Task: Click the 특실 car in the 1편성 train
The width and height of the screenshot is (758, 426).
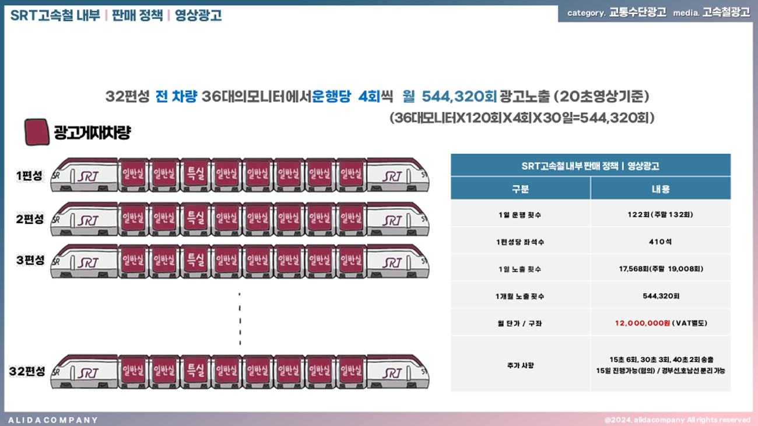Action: tap(195, 175)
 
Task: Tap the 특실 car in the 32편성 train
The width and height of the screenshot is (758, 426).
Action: tap(195, 372)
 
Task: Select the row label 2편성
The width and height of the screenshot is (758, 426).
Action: tap(30, 219)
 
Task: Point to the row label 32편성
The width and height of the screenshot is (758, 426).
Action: tap(27, 371)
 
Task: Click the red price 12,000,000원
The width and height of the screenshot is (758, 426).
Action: tap(643, 323)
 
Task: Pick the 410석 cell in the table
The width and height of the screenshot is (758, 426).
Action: tap(660, 242)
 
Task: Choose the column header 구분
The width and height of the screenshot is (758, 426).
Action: tap(520, 189)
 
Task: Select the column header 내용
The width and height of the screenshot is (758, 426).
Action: tap(661, 189)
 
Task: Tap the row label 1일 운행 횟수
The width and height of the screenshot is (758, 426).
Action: tap(520, 214)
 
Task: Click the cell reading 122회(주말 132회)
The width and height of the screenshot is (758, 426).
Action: tap(660, 214)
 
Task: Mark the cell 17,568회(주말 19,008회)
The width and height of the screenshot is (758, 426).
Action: tap(661, 269)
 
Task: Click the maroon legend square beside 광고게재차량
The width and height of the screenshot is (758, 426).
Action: tap(37, 132)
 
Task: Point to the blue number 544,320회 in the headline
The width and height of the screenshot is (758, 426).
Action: tap(459, 97)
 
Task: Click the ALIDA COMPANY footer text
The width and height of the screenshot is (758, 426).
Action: tap(53, 420)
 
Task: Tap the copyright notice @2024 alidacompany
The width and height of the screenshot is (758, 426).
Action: tap(678, 420)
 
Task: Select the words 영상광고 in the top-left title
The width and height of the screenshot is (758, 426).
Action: tap(198, 15)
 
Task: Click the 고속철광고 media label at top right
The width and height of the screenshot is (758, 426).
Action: tap(726, 12)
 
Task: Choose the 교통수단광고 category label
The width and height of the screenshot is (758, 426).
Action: tap(637, 12)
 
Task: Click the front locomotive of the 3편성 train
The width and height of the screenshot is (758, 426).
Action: tap(84, 261)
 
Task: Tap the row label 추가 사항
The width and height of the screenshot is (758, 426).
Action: tap(520, 365)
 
